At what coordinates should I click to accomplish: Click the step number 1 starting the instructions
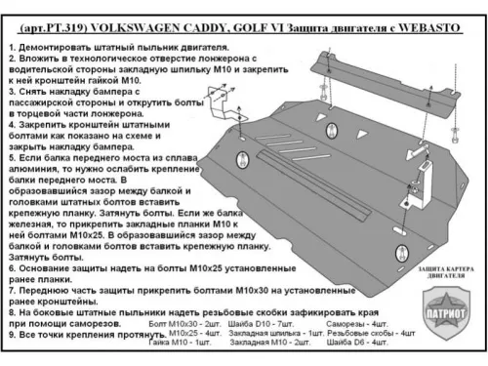click(x=8, y=47)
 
